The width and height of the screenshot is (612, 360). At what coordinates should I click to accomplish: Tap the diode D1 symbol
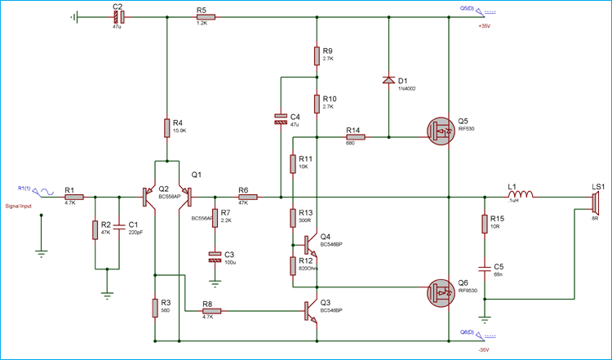[388, 80]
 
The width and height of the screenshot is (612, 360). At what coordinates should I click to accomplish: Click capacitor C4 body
[280, 118]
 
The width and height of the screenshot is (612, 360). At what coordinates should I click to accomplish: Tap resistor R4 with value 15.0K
[166, 128]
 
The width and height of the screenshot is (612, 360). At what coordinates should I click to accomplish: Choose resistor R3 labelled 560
[154, 308]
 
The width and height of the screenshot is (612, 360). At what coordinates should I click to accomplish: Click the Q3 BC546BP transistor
[310, 310]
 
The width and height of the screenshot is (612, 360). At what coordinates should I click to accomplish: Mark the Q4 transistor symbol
[310, 243]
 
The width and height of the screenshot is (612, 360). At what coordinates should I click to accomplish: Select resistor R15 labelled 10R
[484, 224]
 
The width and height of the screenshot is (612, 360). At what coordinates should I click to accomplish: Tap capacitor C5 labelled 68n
[484, 266]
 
